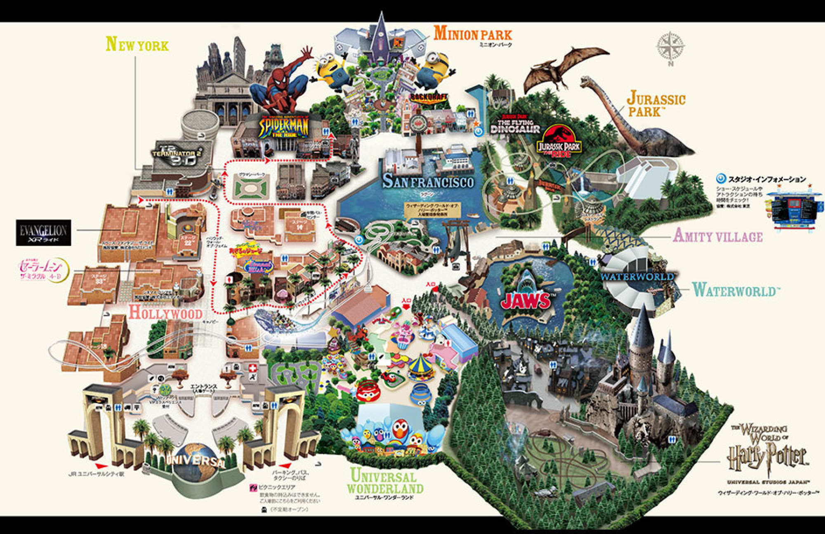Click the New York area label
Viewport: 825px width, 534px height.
(137, 45)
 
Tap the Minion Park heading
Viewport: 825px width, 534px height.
(473, 34)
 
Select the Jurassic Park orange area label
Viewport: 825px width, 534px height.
(656, 104)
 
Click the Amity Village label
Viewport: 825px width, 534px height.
(718, 236)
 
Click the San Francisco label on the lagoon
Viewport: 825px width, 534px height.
(428, 182)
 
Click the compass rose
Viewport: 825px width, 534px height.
(670, 47)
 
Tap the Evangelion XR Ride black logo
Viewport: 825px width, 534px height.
(43, 233)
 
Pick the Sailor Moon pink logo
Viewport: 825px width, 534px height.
(41, 270)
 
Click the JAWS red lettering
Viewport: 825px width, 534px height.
(526, 300)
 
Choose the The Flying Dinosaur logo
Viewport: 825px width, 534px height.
(515, 125)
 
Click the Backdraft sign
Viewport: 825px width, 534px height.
(429, 97)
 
